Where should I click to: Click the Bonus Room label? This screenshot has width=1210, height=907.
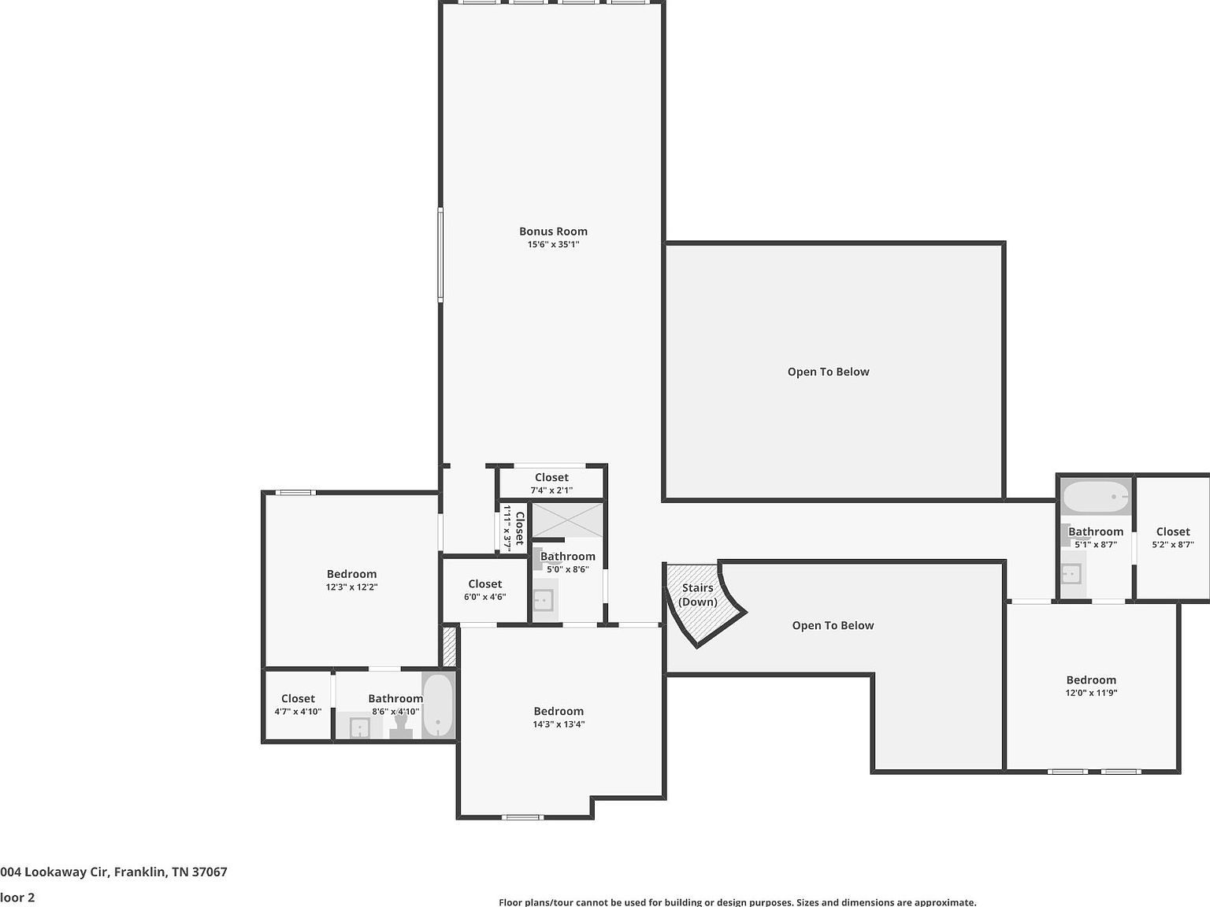pos(553,231)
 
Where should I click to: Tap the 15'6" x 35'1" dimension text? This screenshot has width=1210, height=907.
pos(553,245)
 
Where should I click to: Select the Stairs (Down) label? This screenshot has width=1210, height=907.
pos(698,594)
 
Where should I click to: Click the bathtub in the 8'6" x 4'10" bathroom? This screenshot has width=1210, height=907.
pos(438,705)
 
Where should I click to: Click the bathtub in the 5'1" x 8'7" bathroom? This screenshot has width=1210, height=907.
pos(1095,497)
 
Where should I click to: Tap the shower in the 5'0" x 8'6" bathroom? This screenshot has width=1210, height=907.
pos(567,520)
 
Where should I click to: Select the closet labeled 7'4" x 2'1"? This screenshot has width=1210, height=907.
pos(551,483)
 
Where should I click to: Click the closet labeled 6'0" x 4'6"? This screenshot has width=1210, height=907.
pos(484,590)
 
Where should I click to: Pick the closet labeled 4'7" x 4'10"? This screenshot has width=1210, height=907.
pos(298,705)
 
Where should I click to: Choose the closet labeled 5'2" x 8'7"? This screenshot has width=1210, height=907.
pos(1172,538)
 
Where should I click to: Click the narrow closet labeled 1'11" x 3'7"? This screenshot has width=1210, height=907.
pos(512,528)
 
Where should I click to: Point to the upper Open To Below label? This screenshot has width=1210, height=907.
pos(828,372)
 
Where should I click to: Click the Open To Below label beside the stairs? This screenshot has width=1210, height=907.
pos(833,625)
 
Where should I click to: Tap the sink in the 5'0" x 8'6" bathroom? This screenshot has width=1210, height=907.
pos(544,601)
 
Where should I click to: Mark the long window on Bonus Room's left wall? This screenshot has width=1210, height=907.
pos(440,254)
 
